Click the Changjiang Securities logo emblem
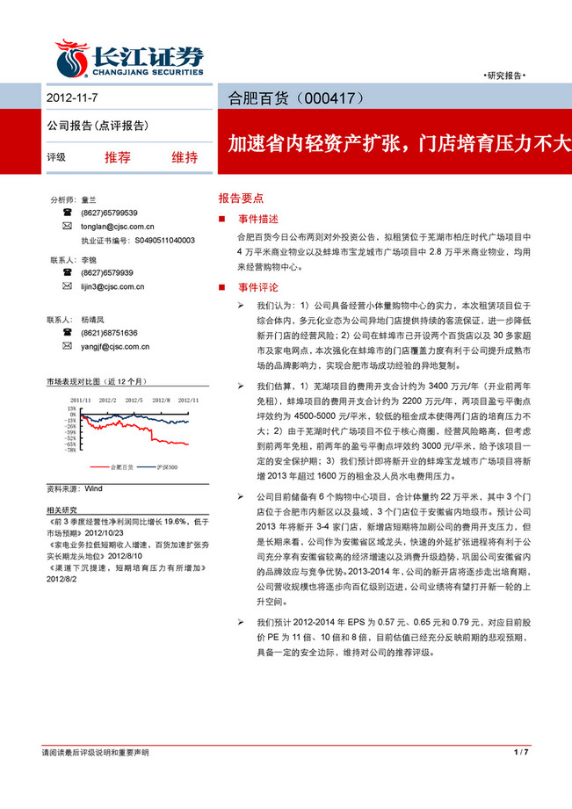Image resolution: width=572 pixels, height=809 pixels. [72, 58]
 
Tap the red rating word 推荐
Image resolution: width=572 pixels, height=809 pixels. [117, 158]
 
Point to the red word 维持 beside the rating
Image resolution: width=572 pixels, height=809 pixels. [185, 158]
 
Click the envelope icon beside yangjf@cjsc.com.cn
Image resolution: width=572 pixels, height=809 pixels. [68, 346]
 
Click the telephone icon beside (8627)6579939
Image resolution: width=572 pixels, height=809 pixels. [68, 273]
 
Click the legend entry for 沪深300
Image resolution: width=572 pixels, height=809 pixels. [166, 466]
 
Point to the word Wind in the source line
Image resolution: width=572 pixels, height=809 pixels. [94, 488]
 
